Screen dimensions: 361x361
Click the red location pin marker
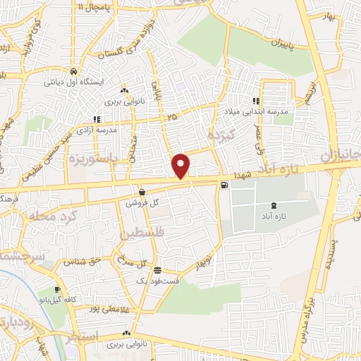(182, 165)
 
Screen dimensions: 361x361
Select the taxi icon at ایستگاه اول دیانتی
(74, 71)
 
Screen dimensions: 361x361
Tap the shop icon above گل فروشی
(142, 192)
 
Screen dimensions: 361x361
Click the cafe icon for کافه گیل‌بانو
(57, 290)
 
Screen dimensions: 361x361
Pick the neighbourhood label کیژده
(219, 133)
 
